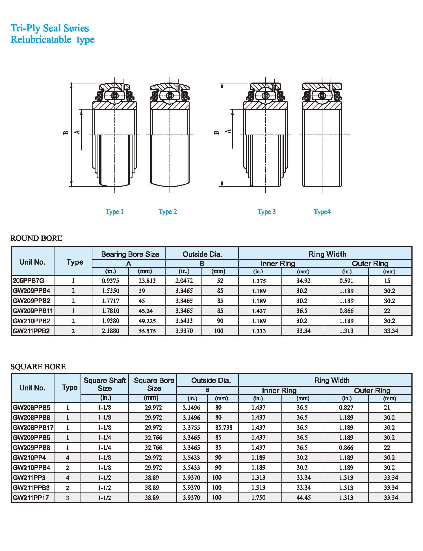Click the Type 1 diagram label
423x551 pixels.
114,212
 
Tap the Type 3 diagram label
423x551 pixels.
266,212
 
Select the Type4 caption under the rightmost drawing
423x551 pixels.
322,212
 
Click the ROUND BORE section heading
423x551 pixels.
36,238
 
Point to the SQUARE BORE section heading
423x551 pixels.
38,367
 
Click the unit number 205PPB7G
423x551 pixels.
29,281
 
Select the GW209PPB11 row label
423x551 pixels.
33,311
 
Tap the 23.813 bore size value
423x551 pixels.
147,281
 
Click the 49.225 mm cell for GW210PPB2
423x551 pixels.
147,321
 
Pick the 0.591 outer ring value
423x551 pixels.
346,281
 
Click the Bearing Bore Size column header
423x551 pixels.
130,254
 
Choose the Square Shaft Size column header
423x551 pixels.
105,384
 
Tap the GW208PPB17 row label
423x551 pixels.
33,428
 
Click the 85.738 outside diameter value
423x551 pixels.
224,428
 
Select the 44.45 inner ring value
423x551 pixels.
303,498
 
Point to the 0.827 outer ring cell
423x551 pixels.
346,408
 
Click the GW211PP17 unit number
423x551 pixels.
31,498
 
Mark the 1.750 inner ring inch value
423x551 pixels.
258,498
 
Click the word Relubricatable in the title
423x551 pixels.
41,40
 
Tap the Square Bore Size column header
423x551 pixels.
154,384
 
